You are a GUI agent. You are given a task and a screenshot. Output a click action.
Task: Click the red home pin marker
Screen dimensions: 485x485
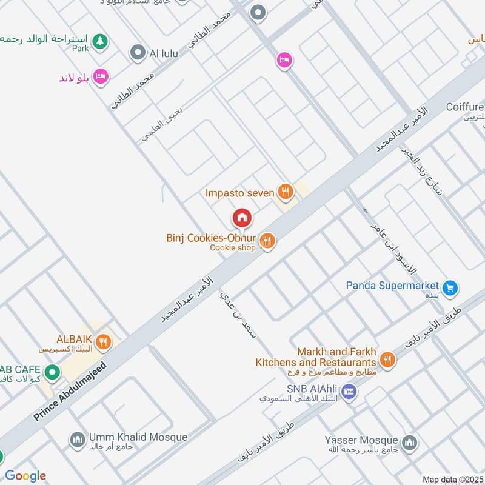242,218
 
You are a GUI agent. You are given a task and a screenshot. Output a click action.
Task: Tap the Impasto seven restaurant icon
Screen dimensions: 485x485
285,193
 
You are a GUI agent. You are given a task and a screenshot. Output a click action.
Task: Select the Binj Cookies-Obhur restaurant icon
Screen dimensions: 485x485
267,242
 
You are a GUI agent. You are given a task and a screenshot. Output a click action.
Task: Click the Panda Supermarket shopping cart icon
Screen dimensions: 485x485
449,288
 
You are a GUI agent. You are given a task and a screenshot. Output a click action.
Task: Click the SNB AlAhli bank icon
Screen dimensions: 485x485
349,391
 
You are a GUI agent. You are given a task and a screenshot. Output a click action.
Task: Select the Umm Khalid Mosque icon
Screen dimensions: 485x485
77,440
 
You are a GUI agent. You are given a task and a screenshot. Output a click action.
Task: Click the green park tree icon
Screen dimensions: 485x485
100,42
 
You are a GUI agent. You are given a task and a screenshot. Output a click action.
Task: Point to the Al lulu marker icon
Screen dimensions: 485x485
139,53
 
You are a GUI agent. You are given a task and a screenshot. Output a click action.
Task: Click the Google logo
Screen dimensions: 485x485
25,475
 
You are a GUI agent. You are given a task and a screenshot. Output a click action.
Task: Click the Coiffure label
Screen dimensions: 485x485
465,107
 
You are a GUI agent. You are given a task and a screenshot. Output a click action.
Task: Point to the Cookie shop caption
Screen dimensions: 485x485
233,247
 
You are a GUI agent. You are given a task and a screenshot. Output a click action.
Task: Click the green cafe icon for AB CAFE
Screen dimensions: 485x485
52,372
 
